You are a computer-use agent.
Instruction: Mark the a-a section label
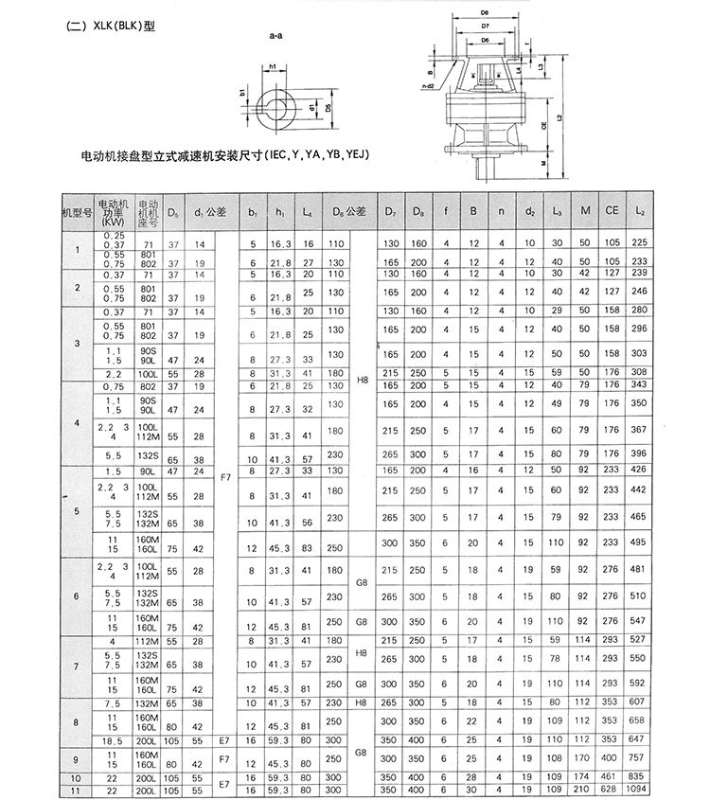click(x=277, y=35)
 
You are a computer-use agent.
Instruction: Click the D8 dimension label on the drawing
click(x=485, y=12)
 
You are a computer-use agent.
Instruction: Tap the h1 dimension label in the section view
click(x=272, y=66)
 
